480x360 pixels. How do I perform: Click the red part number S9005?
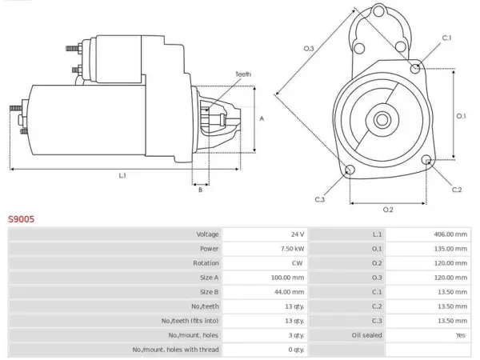21,219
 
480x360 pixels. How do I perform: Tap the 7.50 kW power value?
292,249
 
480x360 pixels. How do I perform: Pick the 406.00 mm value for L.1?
450,234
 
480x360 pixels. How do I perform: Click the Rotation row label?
206,263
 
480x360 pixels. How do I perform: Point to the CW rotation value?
297,263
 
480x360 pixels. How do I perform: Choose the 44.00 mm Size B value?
289,292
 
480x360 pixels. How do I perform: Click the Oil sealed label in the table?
366,335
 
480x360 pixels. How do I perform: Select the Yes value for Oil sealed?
461,335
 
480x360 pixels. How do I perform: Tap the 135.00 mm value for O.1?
450,249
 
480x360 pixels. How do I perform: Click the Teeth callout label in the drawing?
243,74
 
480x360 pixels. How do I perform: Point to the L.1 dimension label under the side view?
122,175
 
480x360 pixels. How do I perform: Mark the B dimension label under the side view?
200,190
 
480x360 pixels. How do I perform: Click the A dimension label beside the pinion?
262,118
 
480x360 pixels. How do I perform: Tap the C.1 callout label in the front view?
446,38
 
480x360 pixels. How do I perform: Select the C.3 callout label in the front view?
319,199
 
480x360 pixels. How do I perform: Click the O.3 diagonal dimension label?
309,48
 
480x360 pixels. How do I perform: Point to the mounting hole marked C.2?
426,160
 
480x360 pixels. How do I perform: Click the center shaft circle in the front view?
382,120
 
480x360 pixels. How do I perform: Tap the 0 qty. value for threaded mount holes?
296,350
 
